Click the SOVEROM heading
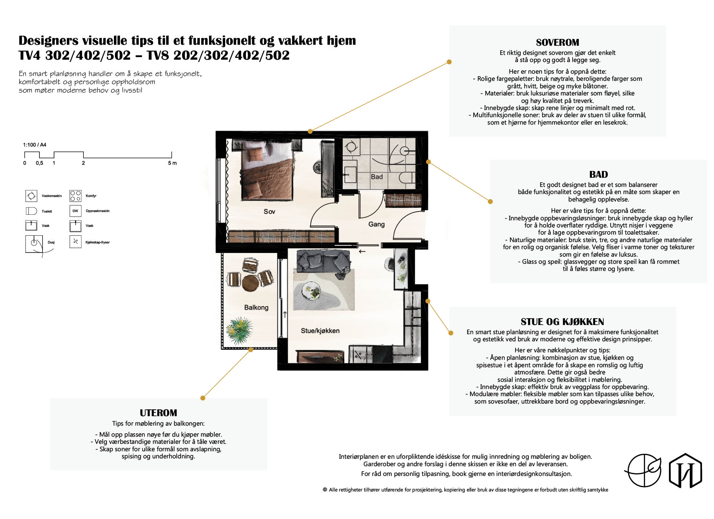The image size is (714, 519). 557,42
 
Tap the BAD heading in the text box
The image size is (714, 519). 598,175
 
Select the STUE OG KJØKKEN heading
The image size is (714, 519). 562,322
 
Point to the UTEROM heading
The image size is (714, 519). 158,413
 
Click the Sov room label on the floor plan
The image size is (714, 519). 269,211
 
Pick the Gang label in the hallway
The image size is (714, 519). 376,224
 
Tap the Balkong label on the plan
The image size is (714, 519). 256,308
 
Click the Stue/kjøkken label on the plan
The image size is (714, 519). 320,331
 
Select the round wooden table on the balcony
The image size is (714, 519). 251,283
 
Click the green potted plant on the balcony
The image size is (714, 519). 240,330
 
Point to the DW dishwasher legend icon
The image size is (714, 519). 75,211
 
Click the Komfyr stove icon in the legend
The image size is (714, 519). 75,196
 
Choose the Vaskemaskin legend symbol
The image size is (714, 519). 31,196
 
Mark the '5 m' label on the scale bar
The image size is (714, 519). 172,163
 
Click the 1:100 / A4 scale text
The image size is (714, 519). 35,145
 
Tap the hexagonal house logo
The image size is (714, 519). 685,470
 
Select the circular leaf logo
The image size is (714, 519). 643,470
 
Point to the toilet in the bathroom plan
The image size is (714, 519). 407,178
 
